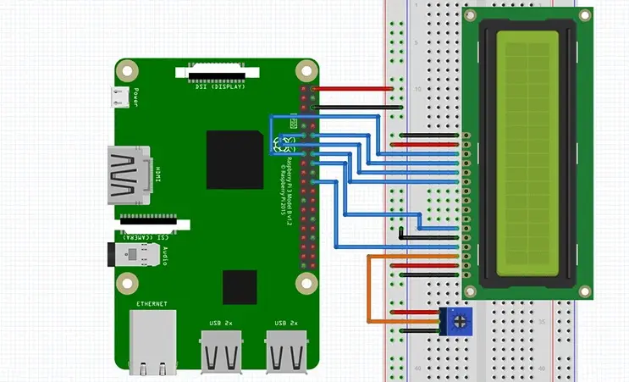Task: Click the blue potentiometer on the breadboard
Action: (458, 321)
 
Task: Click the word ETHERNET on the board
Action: (152, 303)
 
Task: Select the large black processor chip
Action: (234, 158)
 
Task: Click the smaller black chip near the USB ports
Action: (240, 286)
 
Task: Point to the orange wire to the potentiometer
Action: (368, 288)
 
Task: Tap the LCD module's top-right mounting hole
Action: (584, 14)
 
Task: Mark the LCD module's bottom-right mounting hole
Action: (584, 291)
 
